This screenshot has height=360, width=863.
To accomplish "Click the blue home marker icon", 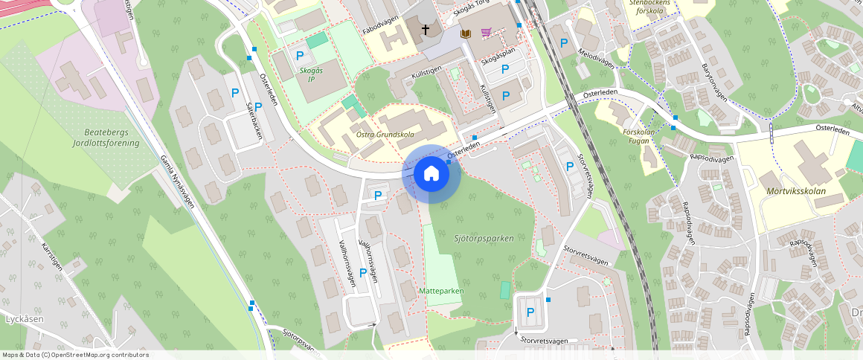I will (431, 174).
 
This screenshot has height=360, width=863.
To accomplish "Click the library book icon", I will (466, 33).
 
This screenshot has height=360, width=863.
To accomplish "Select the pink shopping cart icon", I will (487, 33).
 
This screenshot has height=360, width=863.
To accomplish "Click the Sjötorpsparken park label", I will (484, 239).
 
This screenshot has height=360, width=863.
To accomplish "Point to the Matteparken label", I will (441, 291).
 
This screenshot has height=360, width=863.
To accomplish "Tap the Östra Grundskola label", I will (385, 135).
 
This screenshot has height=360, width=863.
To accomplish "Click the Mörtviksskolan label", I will (795, 190).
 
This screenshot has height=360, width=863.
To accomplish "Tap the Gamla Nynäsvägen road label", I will (177, 181).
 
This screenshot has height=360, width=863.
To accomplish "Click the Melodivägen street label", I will (597, 59).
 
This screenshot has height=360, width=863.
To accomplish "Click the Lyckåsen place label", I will (25, 319).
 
